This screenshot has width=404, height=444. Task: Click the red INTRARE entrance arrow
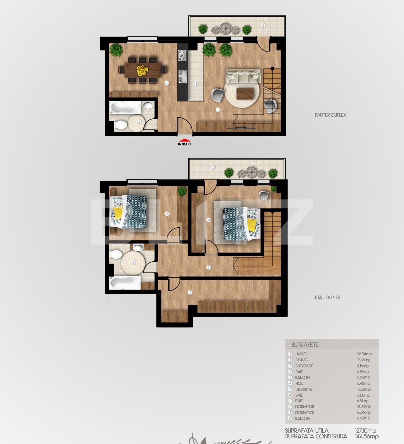(x=184, y=140)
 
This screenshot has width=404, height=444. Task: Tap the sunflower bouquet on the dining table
(x=142, y=70)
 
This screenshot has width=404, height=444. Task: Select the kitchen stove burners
(x=182, y=55)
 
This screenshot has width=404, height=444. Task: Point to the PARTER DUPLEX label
(x=330, y=115)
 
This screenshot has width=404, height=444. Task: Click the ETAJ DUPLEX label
(x=328, y=297)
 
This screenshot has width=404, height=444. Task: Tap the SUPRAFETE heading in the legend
(x=305, y=345)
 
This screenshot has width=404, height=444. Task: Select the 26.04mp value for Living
(x=364, y=354)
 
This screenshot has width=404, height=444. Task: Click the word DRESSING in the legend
(x=304, y=389)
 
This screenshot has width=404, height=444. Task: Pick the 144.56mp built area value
(x=366, y=437)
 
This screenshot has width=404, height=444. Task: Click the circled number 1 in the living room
(x=218, y=110)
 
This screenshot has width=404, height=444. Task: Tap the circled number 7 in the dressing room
(x=190, y=292)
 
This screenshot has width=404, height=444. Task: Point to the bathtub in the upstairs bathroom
(x=125, y=283)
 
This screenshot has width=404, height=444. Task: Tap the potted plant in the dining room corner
(x=116, y=50)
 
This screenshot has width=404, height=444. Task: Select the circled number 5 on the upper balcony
(x=263, y=25)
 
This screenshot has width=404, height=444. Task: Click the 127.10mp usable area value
(x=365, y=431)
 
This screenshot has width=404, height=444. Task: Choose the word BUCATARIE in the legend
(x=304, y=366)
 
